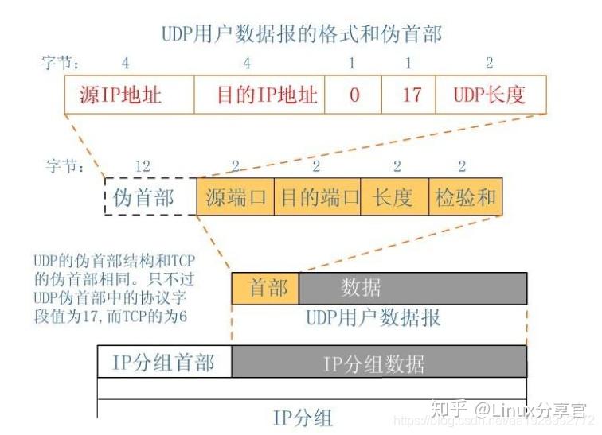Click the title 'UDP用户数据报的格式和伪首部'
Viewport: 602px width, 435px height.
(301, 33)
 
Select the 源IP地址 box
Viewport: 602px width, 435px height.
(129, 95)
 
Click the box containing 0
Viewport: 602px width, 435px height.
(354, 95)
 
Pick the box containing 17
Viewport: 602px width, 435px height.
(408, 95)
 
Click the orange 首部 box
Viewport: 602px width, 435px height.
(264, 288)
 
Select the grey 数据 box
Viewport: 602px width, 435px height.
(412, 288)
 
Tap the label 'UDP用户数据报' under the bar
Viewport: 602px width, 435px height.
(373, 318)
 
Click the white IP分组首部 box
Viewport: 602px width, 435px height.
(164, 362)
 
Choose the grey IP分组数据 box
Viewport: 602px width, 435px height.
(378, 362)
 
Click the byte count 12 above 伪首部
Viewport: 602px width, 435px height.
(144, 165)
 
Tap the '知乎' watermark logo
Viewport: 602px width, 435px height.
(448, 409)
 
